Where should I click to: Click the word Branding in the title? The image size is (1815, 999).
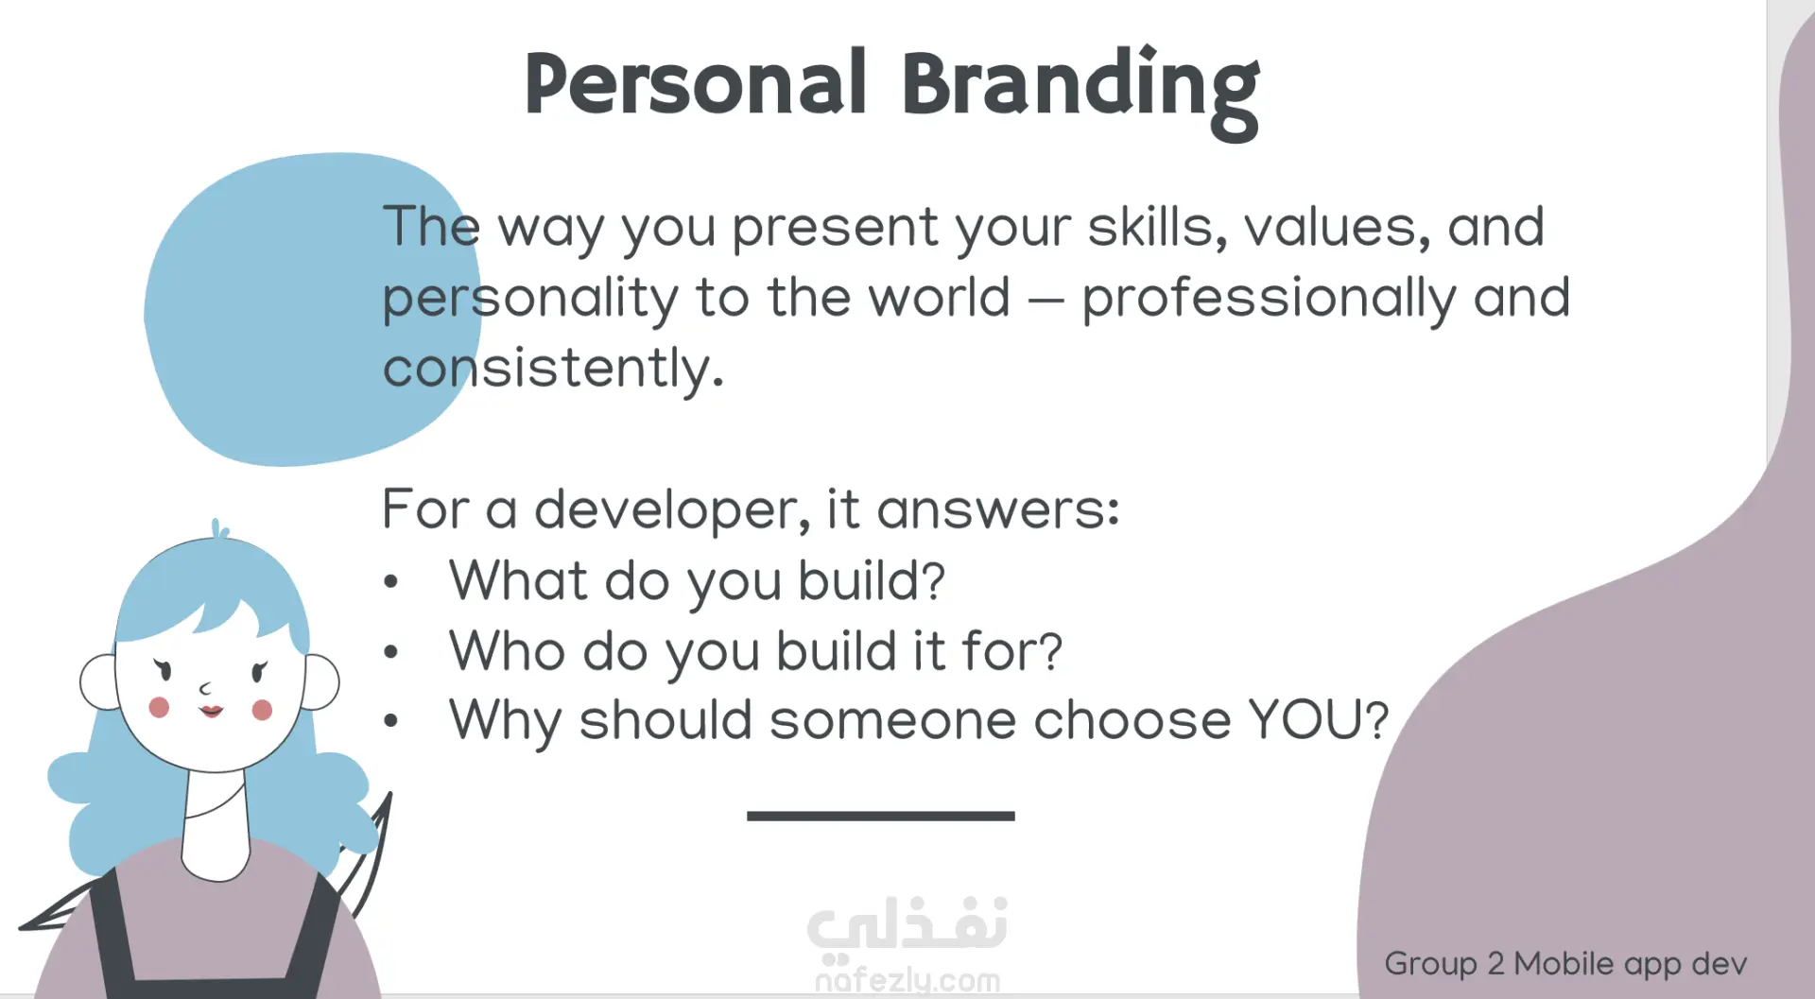1080,93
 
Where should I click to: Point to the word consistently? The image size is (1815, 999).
553,369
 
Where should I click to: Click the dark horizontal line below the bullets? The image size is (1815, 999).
880,816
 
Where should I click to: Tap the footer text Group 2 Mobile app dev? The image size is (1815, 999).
1565,964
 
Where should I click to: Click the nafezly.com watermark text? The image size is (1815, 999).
907,980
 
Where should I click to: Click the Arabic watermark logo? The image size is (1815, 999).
907,923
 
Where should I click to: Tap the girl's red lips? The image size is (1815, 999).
211,711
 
